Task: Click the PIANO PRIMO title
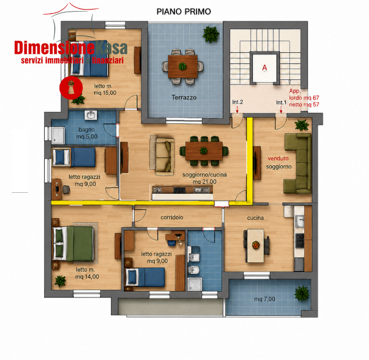[x=184, y=12]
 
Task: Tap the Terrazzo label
[x=184, y=97]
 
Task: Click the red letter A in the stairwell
[x=265, y=68]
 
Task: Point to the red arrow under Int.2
[x=237, y=109]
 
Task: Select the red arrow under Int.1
[x=281, y=109]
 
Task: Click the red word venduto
[x=278, y=159]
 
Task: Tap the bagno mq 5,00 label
[x=86, y=133]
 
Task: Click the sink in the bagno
[x=91, y=115]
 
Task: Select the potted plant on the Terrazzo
[x=210, y=35]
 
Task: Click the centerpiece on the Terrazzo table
[x=182, y=66]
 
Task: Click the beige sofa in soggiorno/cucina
[x=162, y=157]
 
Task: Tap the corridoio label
[x=172, y=217]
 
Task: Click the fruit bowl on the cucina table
[x=256, y=245]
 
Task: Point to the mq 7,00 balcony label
[x=265, y=299]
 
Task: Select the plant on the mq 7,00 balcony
[x=302, y=293]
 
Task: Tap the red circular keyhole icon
[x=71, y=87]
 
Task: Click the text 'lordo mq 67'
[x=304, y=98]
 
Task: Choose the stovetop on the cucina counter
[x=300, y=241]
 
